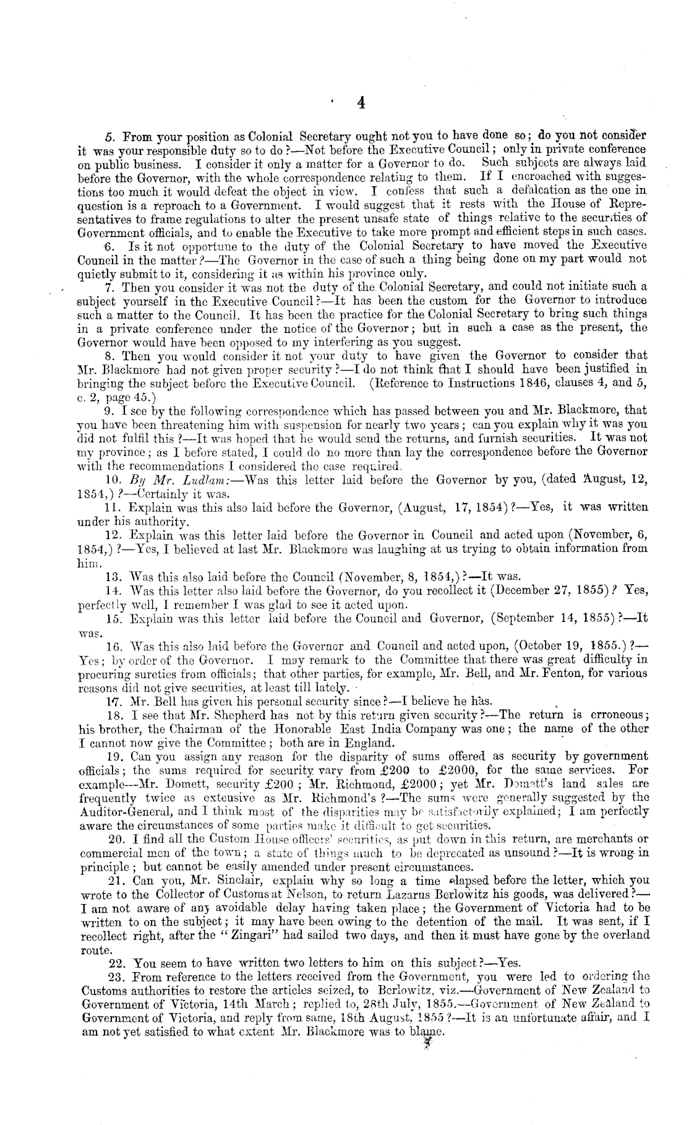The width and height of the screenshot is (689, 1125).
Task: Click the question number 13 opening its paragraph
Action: coord(113,577)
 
